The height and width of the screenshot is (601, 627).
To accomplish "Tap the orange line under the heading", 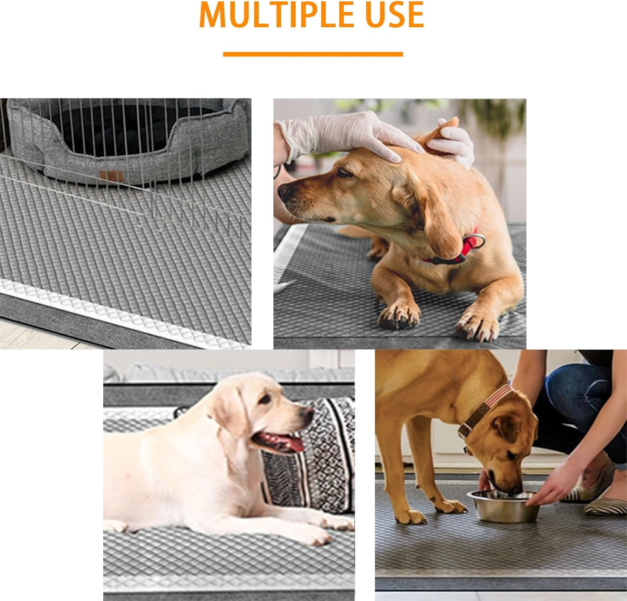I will pos(313,54).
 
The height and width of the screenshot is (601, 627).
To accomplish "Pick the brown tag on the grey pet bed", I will pos(112,176).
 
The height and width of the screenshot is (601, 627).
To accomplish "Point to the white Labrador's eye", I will pos(265,399).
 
